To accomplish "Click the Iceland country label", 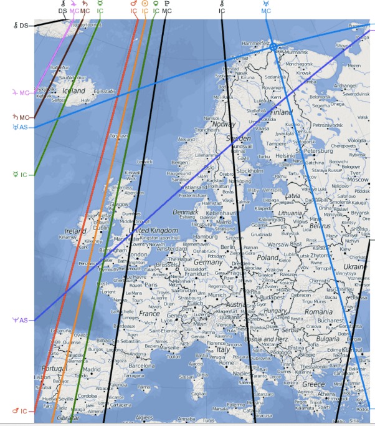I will [74, 91].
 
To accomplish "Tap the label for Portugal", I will [54, 368].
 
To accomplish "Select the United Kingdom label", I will [149, 231].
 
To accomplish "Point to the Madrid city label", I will [92, 369].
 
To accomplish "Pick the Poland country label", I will [268, 257].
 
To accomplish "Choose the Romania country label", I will [320, 311].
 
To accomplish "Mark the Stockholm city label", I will [250, 171].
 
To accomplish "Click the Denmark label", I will [185, 212].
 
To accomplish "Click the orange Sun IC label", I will [145, 11].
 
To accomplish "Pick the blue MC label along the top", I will [266, 11].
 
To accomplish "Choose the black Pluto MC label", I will [166, 11].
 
